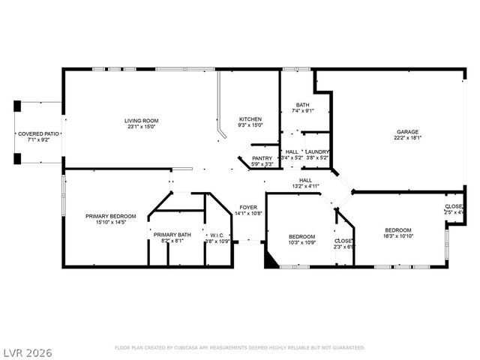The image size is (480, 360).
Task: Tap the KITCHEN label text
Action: click(x=250, y=120)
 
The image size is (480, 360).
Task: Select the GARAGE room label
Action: click(x=408, y=131)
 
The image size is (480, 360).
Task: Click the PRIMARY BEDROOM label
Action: click(x=111, y=215)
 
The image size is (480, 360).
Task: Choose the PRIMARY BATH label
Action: click(x=172, y=235)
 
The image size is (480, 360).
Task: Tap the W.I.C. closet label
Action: click(x=217, y=235)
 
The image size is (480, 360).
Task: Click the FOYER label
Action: click(x=248, y=207)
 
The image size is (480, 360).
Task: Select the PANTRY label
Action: click(x=262, y=158)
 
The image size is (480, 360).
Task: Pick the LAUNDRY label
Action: click(x=317, y=151)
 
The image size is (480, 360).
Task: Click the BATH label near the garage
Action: click(x=302, y=105)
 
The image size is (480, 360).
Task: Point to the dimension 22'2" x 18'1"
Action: click(x=408, y=137)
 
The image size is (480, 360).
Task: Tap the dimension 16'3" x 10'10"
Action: click(x=398, y=236)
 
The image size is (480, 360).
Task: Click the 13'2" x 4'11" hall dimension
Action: click(x=305, y=186)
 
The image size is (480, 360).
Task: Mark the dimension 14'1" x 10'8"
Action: click(x=248, y=213)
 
